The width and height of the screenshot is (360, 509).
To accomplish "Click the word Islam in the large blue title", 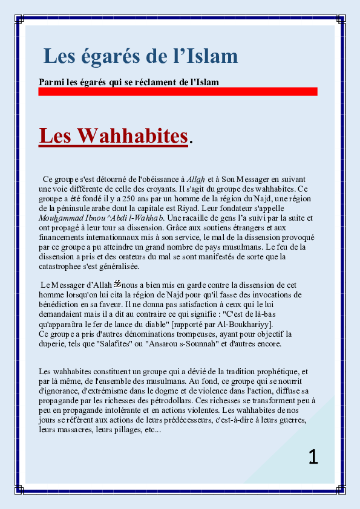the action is click(208, 56).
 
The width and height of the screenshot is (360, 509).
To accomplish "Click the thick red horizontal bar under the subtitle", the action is click(177, 91).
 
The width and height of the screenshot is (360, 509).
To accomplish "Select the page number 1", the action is click(313, 456).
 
